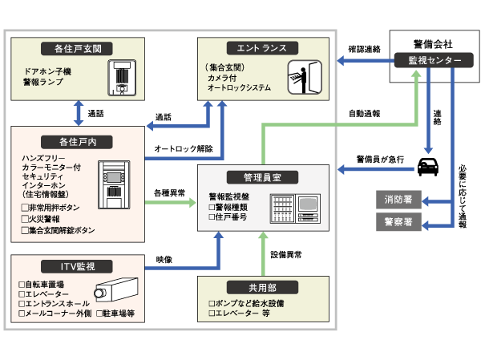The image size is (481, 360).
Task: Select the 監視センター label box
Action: click(435, 61)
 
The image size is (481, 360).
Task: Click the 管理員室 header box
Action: click(262, 176)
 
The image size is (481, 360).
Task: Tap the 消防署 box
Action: click(398, 198)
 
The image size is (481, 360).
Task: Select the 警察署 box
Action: click(398, 220)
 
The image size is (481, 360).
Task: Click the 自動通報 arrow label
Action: click(363, 114)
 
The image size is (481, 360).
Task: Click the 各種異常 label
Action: click(170, 193)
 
